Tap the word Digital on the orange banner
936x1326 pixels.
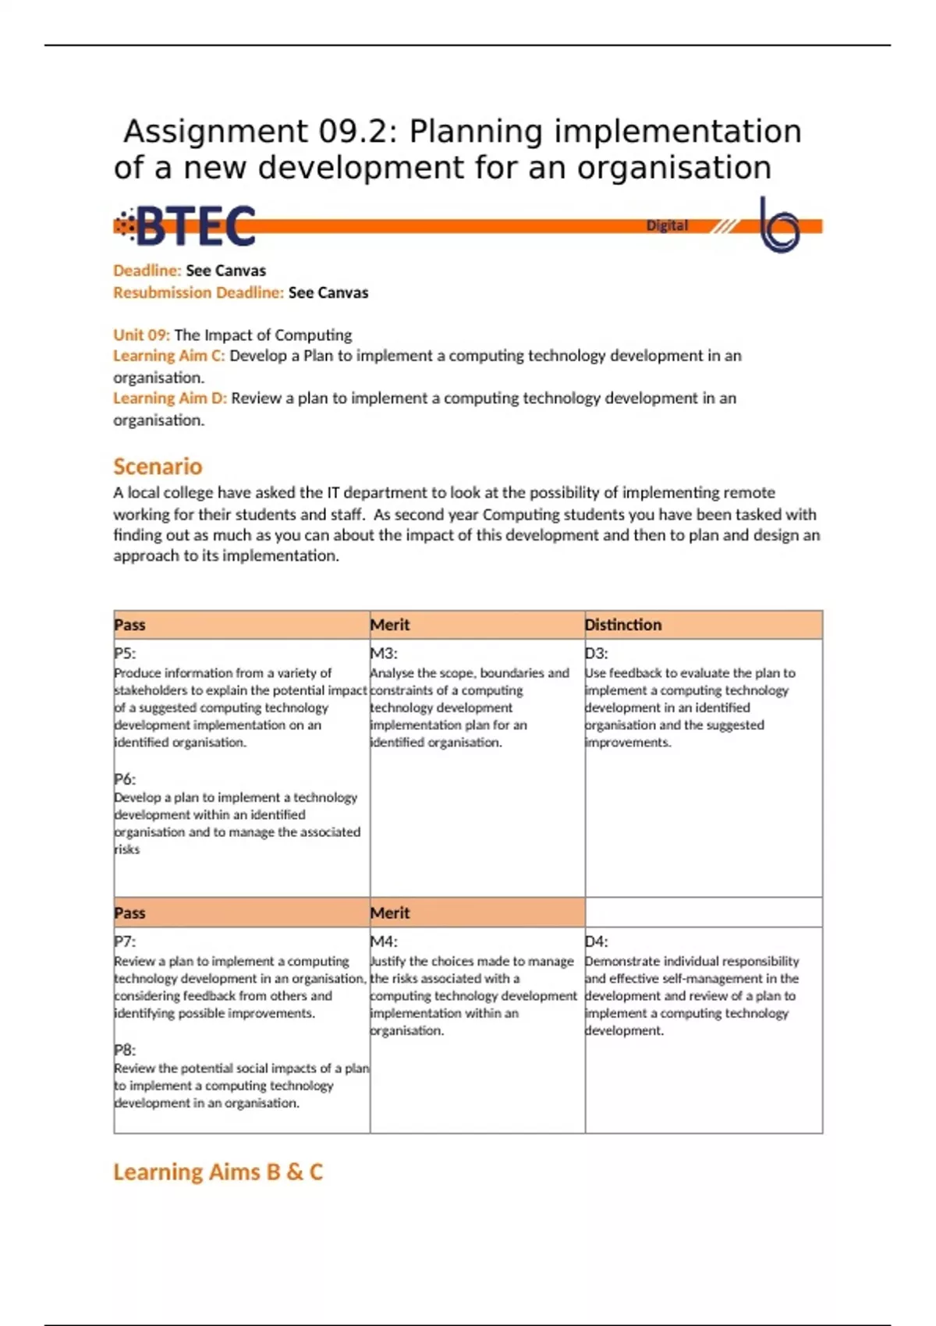[667, 225]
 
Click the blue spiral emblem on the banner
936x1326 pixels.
[779, 225]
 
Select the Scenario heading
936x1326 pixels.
[158, 466]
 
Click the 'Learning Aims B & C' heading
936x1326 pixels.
[218, 1172]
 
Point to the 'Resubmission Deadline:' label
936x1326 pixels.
[198, 292]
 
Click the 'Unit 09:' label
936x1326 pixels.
[141, 335]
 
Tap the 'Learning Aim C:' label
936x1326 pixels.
[168, 356]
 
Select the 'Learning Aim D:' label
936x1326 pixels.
[169, 398]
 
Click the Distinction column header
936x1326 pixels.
[623, 625]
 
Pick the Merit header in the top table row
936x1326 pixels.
[390, 625]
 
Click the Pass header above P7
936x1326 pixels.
[129, 913]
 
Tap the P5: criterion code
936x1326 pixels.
[125, 654]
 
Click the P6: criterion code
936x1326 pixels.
[125, 778]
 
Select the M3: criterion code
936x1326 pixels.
[384, 654]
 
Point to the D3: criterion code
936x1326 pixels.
[597, 654]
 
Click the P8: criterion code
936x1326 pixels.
[125, 1050]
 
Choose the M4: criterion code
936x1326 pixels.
[384, 941]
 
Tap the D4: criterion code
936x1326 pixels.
[597, 941]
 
